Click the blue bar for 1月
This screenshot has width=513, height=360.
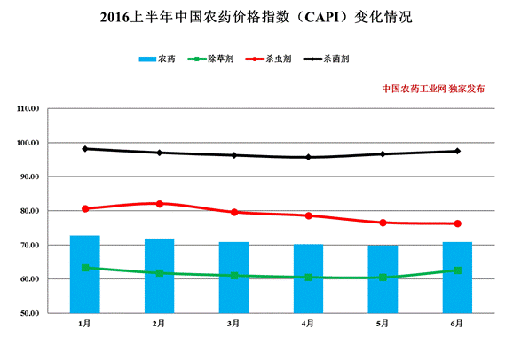[x=85, y=274]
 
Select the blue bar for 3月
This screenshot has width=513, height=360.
[x=233, y=277]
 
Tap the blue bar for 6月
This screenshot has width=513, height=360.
[x=457, y=277]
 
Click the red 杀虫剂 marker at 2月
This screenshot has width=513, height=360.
[x=160, y=204]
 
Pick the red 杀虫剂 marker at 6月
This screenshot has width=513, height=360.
[x=457, y=223]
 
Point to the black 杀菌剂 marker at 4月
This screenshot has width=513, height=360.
[x=309, y=157]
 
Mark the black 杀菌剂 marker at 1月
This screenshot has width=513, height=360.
[x=85, y=149]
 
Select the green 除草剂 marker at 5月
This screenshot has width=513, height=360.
[x=383, y=278]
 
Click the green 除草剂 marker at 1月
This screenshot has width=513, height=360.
[x=85, y=268]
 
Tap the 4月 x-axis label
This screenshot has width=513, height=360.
[x=308, y=324]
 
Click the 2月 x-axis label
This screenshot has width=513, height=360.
[x=159, y=324]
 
